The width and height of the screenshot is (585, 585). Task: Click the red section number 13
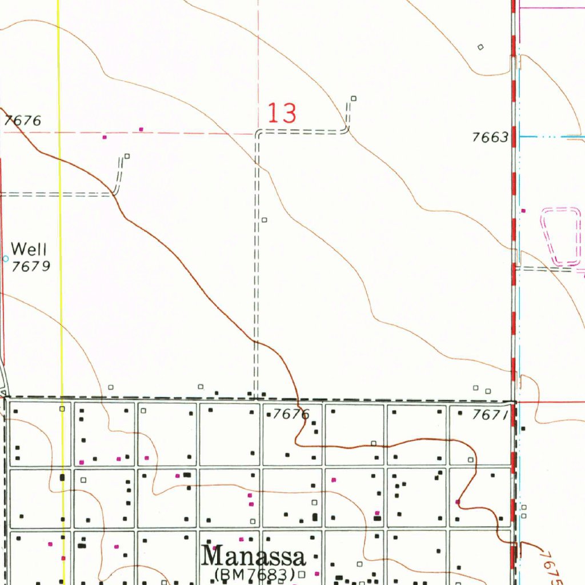282,113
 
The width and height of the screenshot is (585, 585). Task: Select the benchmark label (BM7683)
254,573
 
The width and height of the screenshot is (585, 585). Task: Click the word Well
29,249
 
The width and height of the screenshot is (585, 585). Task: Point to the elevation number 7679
31,266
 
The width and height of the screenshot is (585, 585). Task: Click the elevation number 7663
490,137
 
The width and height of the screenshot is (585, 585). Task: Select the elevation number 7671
490,415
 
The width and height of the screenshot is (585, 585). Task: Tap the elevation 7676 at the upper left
23,121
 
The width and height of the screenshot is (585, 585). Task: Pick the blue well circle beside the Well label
6,259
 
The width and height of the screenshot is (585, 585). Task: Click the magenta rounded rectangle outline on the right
560,237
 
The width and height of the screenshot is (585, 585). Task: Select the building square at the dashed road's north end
353,98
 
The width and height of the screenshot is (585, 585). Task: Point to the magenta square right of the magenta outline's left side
523,211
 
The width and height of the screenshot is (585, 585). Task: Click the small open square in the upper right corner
480,47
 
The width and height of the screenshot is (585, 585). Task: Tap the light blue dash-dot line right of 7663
551,137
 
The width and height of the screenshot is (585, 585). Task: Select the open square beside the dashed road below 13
264,219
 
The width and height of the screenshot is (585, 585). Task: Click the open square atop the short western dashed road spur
127,156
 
